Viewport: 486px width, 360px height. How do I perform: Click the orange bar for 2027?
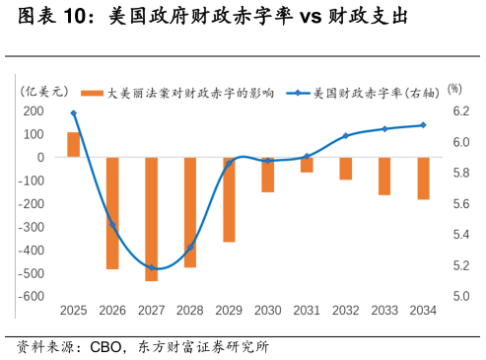pos(152,219)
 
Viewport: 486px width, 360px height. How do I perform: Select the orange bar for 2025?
pos(74,144)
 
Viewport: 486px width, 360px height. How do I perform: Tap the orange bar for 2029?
pos(229,199)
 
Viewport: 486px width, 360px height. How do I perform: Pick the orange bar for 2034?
pos(423,179)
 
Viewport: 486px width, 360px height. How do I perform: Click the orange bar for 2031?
pos(307,165)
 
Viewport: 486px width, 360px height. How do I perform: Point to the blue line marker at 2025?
pos(74,113)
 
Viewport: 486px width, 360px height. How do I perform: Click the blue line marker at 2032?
pos(345,136)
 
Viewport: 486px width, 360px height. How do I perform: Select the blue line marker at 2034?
pos(423,125)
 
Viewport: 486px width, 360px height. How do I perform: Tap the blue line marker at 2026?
pos(112,226)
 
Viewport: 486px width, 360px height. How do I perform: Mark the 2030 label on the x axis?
pos(267,311)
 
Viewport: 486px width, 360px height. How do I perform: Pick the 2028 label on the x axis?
pos(190,311)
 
